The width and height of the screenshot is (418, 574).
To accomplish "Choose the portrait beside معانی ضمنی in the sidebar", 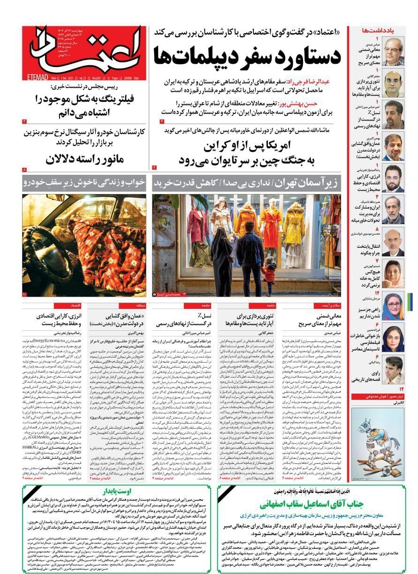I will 393,51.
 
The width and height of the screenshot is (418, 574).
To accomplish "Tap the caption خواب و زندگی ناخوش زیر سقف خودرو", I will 84,182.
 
